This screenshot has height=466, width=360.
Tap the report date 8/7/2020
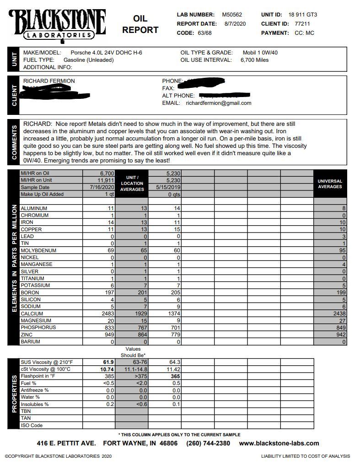tap(235, 24)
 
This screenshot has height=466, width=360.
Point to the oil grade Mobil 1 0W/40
tap(260, 53)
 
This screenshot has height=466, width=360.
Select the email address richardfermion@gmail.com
tap(218, 103)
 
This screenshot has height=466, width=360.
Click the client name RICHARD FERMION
tap(49, 81)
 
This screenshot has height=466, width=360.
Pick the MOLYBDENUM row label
tap(38, 250)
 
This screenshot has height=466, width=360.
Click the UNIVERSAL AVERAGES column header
tap(330, 184)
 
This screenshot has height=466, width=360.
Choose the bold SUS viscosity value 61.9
tap(108, 362)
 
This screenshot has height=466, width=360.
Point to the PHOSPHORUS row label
tap(38, 328)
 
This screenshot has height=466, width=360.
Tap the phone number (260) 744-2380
tap(208, 443)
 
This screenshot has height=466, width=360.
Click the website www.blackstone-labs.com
tap(279, 443)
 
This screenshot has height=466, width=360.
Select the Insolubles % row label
tap(35, 404)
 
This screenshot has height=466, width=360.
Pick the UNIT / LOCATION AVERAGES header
tap(132, 183)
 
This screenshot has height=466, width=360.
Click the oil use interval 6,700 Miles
tap(254, 60)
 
